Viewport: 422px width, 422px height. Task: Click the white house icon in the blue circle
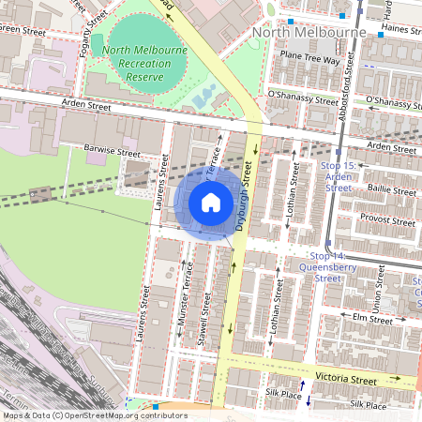tap(211, 203)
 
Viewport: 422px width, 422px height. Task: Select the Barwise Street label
tap(112, 151)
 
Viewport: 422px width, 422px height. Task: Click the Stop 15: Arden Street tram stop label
tap(339, 176)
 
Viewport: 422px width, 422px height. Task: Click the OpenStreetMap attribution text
tap(95, 415)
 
